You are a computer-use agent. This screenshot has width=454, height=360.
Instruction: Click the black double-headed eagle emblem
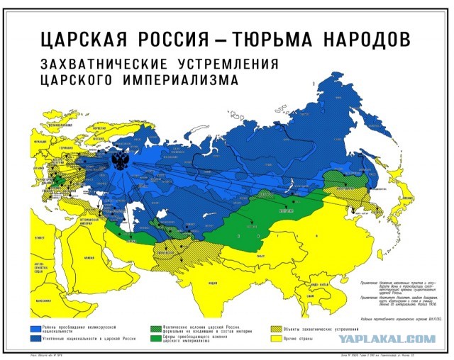coord(121,162)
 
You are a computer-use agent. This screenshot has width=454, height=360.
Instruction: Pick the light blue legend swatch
coord(43,330)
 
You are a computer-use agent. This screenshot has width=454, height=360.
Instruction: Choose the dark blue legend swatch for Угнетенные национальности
coord(43,342)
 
